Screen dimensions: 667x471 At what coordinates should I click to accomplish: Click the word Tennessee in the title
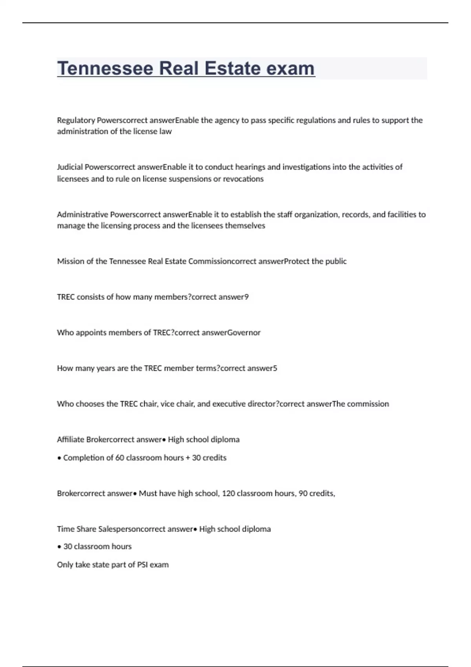(x=105, y=68)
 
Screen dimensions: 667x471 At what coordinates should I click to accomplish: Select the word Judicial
(x=70, y=167)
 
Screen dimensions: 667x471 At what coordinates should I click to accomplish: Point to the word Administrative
(x=82, y=214)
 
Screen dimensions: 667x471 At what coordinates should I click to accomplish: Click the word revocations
(x=243, y=179)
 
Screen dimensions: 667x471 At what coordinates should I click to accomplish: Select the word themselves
(x=245, y=226)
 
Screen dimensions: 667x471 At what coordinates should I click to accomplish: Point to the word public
(x=336, y=261)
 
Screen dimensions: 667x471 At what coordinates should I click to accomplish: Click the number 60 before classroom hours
(x=119, y=457)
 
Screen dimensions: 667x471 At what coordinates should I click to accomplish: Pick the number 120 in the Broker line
(x=228, y=493)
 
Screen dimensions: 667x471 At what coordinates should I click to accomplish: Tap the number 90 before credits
(x=303, y=493)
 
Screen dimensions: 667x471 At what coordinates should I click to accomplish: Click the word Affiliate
(x=70, y=439)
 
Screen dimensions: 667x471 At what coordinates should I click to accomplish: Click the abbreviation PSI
(x=142, y=565)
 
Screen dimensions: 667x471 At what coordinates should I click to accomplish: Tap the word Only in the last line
(x=65, y=565)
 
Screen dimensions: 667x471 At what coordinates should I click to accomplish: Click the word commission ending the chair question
(x=368, y=404)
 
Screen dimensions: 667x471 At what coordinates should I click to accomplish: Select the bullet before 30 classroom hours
(x=59, y=547)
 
